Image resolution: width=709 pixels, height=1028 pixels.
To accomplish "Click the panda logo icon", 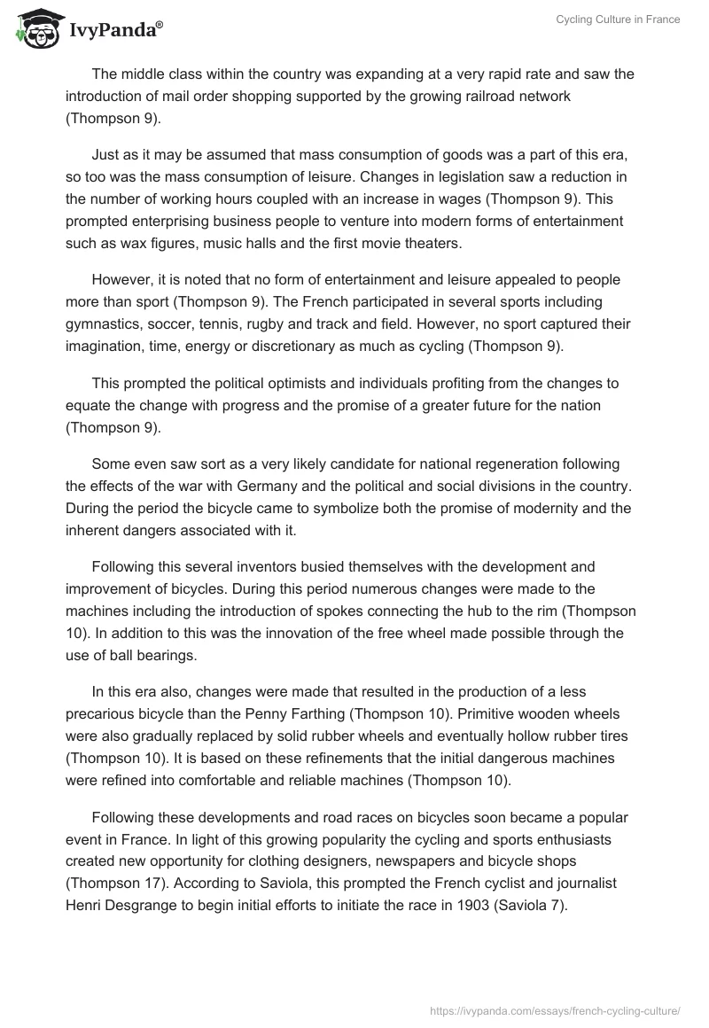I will (36, 29).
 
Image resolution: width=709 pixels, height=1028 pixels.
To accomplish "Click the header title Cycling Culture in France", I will (618, 19).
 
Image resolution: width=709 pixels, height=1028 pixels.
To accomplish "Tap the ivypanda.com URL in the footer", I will (555, 1009).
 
